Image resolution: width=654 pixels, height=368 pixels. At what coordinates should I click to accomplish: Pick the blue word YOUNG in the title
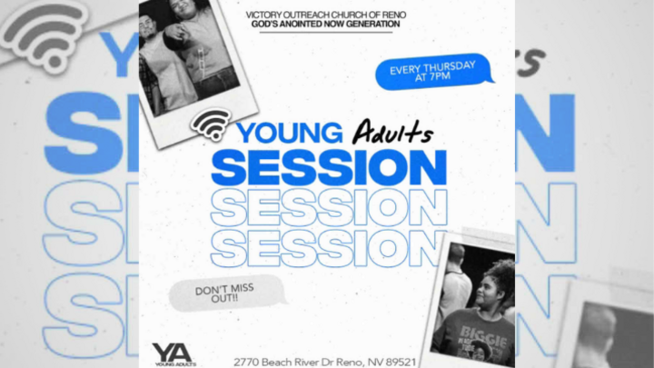pyautogui.click(x=289, y=134)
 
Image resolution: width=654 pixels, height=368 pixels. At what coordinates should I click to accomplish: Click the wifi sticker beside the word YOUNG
pyautogui.click(x=212, y=124)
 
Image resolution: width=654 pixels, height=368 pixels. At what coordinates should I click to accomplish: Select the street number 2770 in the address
pyautogui.click(x=247, y=361)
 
